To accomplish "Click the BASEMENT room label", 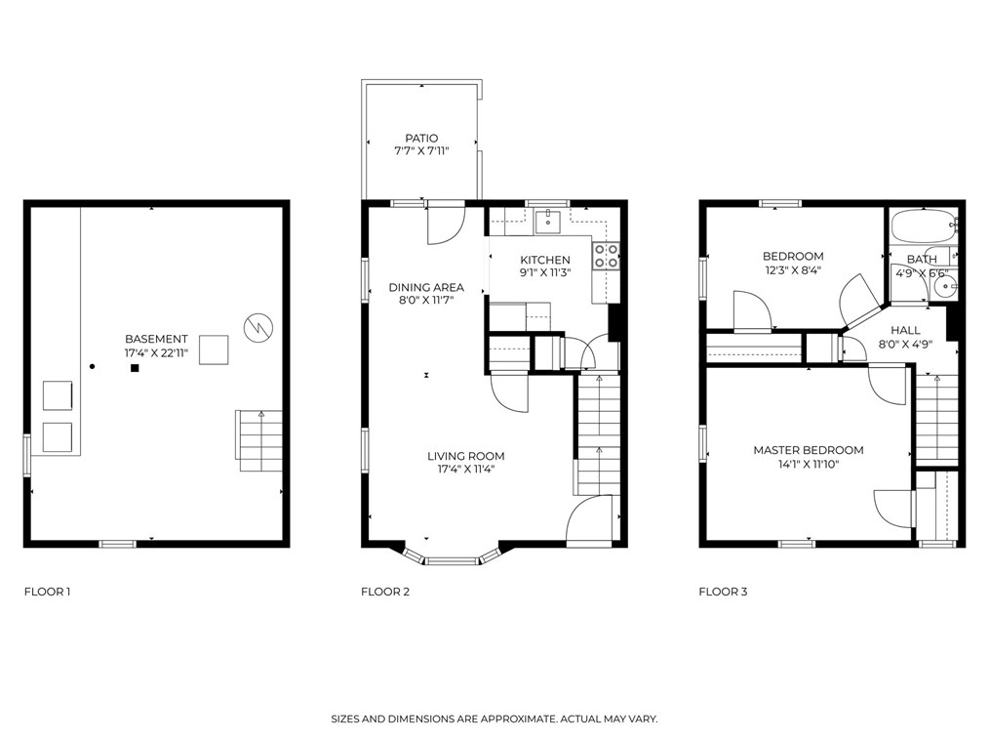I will click(x=156, y=339).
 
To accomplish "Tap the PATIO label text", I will click(x=421, y=139).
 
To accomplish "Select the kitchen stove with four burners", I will click(x=606, y=256).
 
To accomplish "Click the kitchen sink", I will click(x=548, y=222).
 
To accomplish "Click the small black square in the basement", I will click(x=135, y=368).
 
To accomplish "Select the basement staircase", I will click(x=259, y=439).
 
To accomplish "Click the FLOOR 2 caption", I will click(x=384, y=592).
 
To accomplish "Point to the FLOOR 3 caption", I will click(x=723, y=592).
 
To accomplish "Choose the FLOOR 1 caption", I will click(x=47, y=592).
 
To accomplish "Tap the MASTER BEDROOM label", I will click(x=808, y=450).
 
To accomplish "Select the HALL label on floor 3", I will click(x=904, y=330).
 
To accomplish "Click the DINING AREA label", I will click(x=426, y=287).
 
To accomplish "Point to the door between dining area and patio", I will click(x=444, y=223).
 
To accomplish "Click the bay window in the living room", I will click(x=452, y=560).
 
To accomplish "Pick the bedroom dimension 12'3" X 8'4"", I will click(x=792, y=270).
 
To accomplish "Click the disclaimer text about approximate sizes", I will click(x=494, y=719).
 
